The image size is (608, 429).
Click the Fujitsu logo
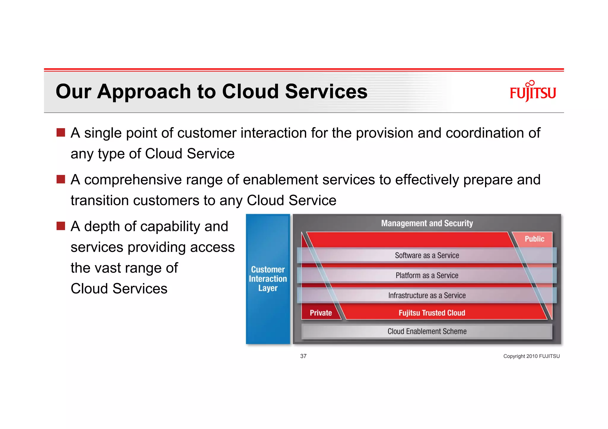point(533,92)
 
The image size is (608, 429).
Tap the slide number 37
point(303,356)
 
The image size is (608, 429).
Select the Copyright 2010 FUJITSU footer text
point(531,356)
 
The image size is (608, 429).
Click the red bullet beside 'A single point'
point(61,133)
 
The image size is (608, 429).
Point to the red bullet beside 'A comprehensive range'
point(61,179)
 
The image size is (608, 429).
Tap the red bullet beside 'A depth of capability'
point(61,226)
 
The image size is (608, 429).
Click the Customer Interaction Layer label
point(268,279)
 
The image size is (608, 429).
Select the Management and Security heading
point(427,223)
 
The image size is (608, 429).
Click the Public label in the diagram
point(534,239)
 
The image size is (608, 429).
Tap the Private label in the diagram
point(321,313)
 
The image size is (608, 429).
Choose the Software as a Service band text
point(427,255)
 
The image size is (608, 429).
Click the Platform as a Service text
point(427,275)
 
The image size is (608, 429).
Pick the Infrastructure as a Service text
point(427,295)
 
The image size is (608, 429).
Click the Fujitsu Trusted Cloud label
point(432,313)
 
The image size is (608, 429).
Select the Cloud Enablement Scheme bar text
point(427,331)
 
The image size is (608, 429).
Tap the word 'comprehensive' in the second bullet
point(133,180)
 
